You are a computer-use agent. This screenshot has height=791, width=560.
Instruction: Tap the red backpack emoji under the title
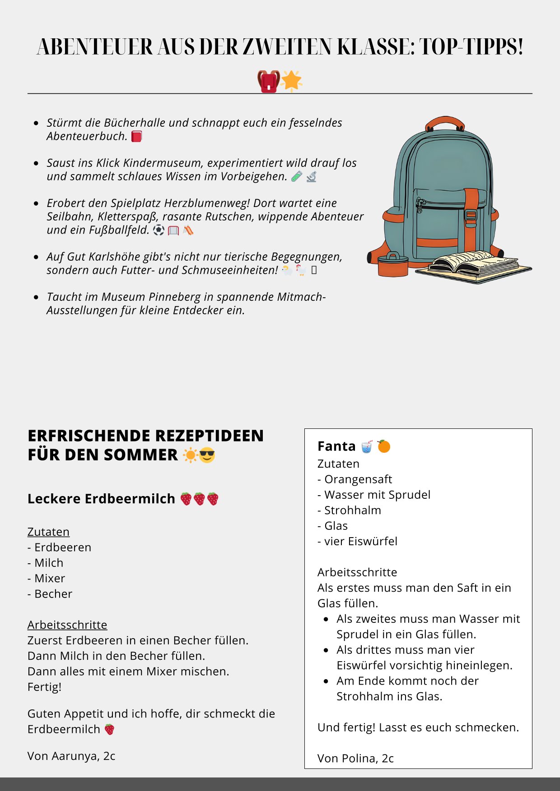point(268,81)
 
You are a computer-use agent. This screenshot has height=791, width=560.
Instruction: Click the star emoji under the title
point(291,81)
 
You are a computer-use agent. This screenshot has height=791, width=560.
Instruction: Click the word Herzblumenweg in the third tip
point(206,203)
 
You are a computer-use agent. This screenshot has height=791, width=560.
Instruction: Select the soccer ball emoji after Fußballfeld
point(159,230)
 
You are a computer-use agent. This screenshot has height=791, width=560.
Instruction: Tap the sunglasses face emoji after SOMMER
point(207,455)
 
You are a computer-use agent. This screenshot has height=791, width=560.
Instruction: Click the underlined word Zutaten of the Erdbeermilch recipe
point(48,532)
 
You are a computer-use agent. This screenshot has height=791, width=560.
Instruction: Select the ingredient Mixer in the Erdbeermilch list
point(50,578)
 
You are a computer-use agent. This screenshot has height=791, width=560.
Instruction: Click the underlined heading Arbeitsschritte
point(67,625)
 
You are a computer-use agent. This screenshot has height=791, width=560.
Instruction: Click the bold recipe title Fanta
point(336,446)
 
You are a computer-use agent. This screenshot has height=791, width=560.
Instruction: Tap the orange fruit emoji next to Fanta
point(384,446)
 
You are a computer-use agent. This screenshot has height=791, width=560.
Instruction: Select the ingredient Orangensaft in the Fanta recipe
point(358,479)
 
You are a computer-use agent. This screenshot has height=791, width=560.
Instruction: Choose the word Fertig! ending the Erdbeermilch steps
point(44,687)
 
